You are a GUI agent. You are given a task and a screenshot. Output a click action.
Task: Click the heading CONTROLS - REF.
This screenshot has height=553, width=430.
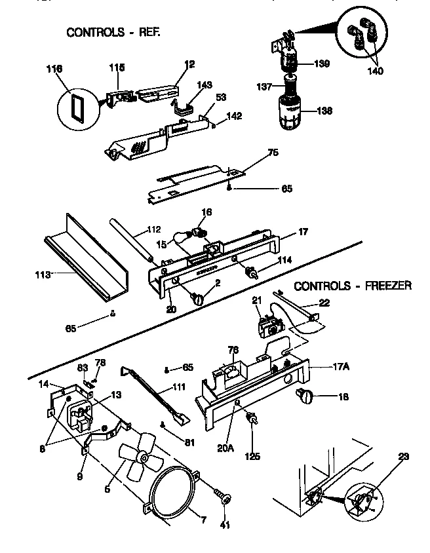pyautogui.click(x=113, y=32)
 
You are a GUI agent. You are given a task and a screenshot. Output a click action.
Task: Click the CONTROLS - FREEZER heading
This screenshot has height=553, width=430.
pyautogui.click(x=352, y=285)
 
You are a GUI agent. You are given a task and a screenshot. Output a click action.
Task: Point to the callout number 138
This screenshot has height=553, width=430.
pyautogui.click(x=323, y=111)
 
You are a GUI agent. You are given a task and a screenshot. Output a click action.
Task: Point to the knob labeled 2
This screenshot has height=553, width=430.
pyautogui.click(x=198, y=299)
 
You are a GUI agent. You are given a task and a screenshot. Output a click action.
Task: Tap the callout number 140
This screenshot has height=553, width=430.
pyautogui.click(x=376, y=70)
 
